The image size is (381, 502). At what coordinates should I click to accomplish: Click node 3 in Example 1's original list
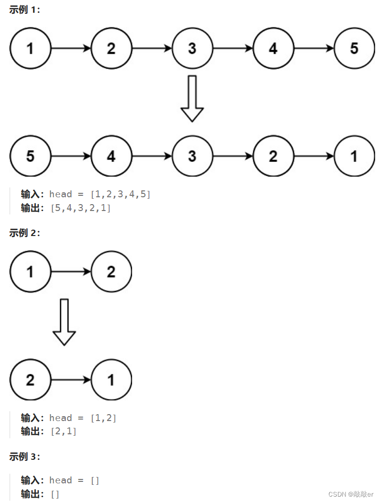(192, 48)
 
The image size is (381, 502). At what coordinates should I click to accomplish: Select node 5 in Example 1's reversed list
(30, 156)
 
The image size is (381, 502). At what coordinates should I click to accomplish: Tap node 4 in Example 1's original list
(273, 48)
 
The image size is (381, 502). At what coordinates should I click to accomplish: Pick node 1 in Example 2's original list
(30, 271)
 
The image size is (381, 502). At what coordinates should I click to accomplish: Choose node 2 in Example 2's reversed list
(30, 380)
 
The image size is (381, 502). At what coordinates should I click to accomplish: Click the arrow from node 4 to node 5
(314, 48)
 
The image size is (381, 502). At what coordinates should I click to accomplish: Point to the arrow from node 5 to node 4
(71, 156)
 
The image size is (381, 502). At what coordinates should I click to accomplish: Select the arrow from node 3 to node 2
(233, 156)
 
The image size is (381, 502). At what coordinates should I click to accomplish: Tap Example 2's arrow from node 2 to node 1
(71, 380)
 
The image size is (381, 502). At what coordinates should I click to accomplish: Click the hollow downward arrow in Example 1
(192, 98)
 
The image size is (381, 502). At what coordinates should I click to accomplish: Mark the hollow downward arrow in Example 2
(64, 322)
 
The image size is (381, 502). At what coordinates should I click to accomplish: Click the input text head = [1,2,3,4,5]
(100, 194)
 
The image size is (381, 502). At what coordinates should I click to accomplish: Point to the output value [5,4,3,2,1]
(81, 208)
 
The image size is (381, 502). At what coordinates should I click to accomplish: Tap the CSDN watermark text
(351, 494)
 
